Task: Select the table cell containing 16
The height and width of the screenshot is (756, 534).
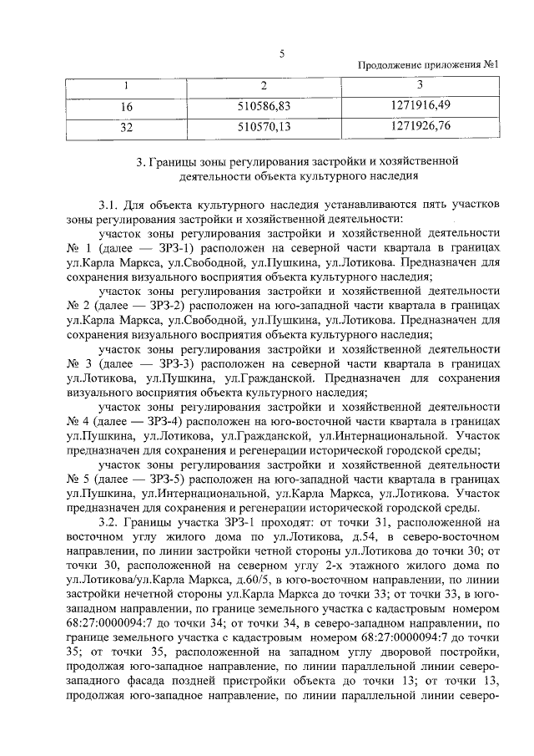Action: (x=127, y=106)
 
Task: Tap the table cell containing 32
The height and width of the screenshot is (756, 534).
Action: (x=127, y=128)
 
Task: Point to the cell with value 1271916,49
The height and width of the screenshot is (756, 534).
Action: (x=420, y=106)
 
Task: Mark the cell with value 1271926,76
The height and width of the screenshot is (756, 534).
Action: (x=420, y=128)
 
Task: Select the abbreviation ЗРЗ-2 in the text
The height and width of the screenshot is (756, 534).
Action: (x=148, y=306)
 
